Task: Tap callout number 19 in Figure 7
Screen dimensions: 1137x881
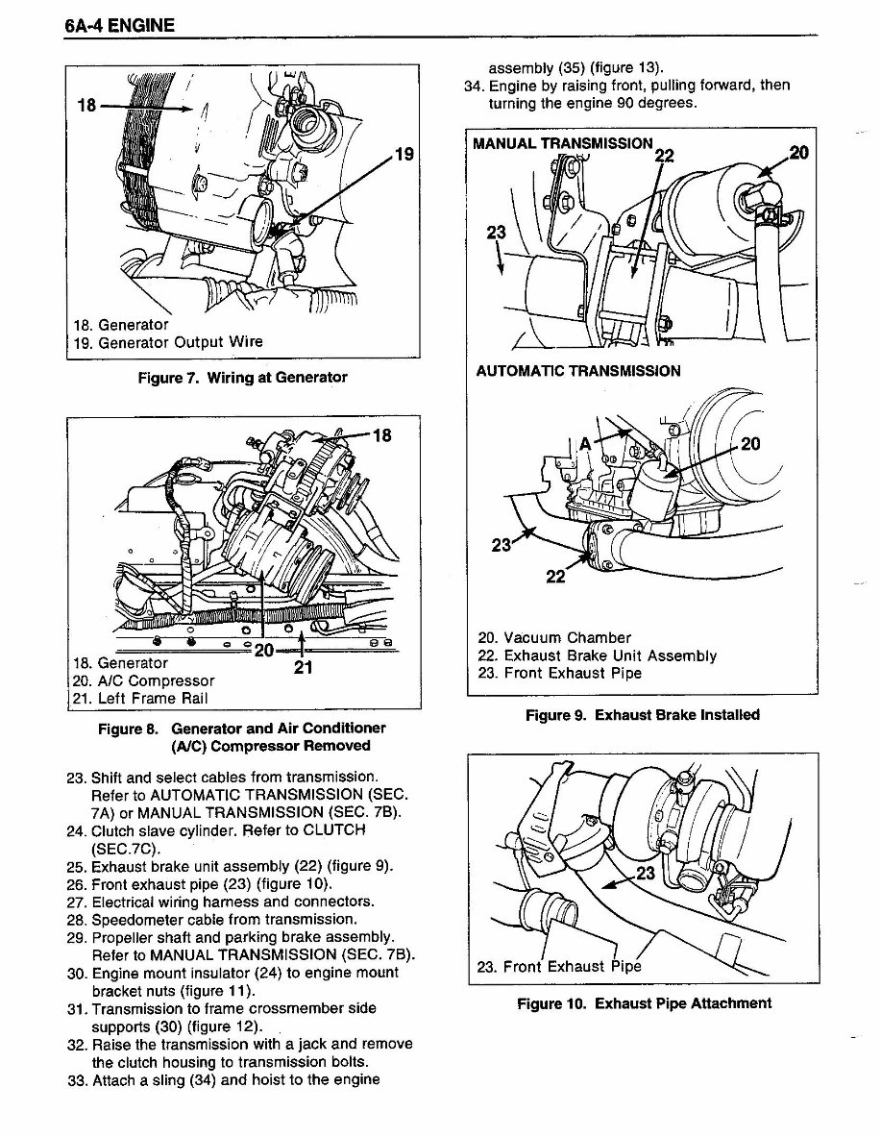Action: point(404,153)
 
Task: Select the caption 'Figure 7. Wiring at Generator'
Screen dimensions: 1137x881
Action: point(242,378)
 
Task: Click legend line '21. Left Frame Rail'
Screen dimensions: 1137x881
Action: point(140,699)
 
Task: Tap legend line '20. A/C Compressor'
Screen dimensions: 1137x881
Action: point(143,680)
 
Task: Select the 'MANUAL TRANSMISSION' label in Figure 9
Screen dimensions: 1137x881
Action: point(563,144)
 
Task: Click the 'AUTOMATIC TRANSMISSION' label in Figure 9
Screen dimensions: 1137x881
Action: point(578,371)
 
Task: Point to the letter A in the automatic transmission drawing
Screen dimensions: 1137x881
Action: point(583,443)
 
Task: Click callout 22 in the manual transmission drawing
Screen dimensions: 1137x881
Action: point(664,158)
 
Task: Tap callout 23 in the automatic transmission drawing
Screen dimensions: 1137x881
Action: point(502,546)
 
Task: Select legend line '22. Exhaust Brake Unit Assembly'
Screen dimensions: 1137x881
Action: point(597,655)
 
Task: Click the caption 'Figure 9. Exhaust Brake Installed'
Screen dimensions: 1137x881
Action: point(642,715)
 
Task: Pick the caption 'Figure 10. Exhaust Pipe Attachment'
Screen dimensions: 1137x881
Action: point(644,1003)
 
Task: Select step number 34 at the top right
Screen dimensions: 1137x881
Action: point(472,86)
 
